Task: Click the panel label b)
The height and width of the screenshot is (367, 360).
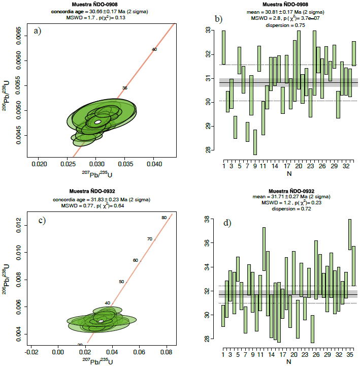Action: pos(219,19)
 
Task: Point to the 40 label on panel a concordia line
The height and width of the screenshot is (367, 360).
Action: pos(154,49)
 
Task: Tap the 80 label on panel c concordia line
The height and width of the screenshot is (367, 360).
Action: pos(164,218)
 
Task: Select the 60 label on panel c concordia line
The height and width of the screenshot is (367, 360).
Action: pos(136,260)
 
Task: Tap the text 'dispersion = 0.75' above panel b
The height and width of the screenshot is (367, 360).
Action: pos(288,24)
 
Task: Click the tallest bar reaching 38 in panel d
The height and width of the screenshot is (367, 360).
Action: pos(350,234)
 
